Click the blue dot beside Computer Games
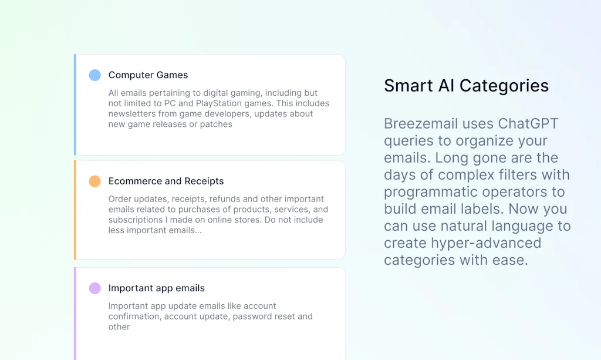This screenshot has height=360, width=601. tap(94, 75)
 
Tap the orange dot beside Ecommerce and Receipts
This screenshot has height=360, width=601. tap(94, 181)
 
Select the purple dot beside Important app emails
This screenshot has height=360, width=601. tap(94, 288)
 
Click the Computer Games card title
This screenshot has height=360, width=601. tap(148, 75)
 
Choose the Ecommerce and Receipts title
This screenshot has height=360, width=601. tap(166, 181)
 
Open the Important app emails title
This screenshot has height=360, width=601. tap(156, 288)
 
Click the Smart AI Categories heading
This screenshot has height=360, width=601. tap(466, 86)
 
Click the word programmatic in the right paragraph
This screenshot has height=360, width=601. tap(436, 192)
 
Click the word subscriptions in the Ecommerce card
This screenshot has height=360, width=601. tap(135, 220)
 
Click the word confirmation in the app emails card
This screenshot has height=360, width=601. tap(135, 317)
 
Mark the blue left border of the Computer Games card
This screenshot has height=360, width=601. tap(75, 105)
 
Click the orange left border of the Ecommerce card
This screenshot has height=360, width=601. tap(75, 210)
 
